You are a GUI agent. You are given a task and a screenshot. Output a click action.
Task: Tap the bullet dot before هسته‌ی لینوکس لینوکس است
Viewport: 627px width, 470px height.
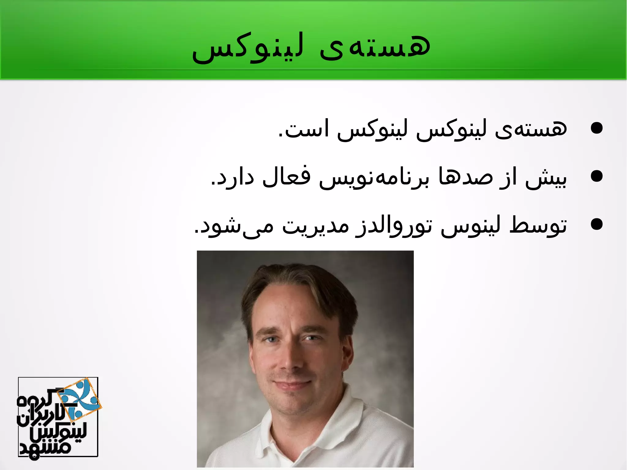(596, 128)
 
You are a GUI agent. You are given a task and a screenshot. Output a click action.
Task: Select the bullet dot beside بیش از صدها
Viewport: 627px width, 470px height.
(596, 176)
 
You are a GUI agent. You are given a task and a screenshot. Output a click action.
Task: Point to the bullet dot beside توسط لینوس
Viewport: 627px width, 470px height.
(596, 225)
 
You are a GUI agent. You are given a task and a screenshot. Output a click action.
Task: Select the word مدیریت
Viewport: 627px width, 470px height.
(315, 226)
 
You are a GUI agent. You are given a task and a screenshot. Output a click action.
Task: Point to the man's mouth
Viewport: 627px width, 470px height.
(292, 384)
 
